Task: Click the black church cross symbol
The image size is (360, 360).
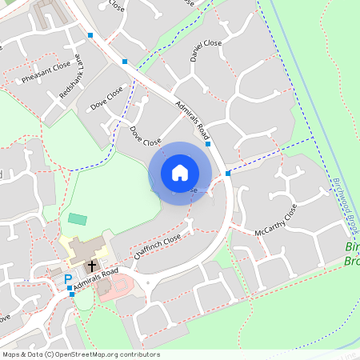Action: pyautogui.click(x=91, y=264)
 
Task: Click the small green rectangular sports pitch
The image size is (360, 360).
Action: pyautogui.click(x=78, y=218)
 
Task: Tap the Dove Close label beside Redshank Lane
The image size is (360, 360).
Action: pyautogui.click(x=107, y=98)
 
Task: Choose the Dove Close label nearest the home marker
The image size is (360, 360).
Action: pyautogui.click(x=146, y=136)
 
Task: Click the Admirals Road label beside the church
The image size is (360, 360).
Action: pyautogui.click(x=95, y=280)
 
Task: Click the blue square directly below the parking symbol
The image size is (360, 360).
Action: pyautogui.click(x=72, y=294)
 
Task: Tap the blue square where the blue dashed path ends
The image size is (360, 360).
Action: pyautogui.click(x=228, y=173)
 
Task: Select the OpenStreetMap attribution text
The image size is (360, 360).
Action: pyautogui.click(x=81, y=354)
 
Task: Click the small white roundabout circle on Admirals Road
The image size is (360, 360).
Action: pyautogui.click(x=148, y=282)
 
